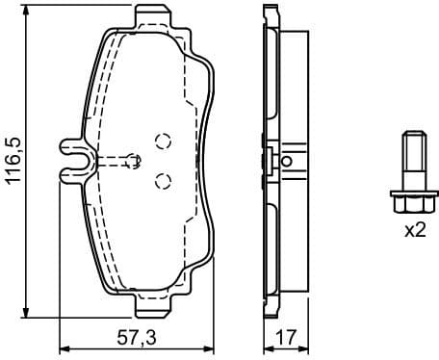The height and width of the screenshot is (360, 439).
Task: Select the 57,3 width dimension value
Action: (x=136, y=338)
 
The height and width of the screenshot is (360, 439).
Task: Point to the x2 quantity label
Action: (x=414, y=231)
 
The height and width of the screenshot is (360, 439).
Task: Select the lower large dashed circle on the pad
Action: (x=162, y=178)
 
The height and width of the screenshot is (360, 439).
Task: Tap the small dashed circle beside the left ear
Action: (x=133, y=158)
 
